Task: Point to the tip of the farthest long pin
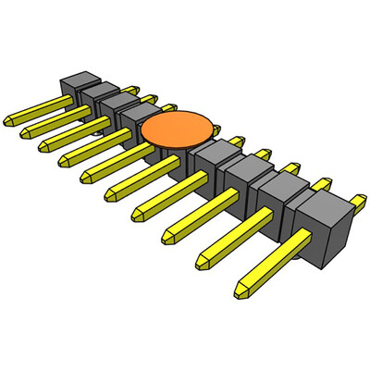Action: (x=10, y=119)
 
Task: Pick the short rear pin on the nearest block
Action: (x=356, y=198)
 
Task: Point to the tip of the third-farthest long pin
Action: (x=43, y=146)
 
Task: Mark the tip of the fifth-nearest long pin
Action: (x=111, y=193)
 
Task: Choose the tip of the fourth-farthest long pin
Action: (x=65, y=160)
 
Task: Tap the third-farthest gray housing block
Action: (x=117, y=105)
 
